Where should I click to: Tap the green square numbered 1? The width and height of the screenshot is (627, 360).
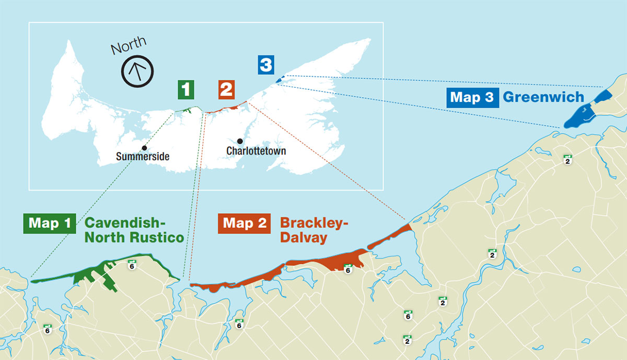click(186, 89)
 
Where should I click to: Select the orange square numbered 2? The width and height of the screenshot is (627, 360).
click(226, 89)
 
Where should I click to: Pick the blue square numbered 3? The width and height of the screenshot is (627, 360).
click(265, 65)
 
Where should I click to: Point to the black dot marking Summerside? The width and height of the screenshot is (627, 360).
click(144, 148)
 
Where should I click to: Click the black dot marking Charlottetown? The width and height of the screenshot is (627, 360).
click(239, 141)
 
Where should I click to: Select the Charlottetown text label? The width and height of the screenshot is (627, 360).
click(256, 151)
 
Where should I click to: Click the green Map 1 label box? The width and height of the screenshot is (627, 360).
click(50, 223)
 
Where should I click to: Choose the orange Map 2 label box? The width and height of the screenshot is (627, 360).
click(244, 223)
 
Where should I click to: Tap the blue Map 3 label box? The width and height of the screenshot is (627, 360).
click(471, 97)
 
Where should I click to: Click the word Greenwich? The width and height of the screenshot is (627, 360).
click(543, 97)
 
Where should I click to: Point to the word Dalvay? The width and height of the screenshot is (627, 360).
click(304, 238)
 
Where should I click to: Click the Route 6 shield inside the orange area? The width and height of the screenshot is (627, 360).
click(348, 269)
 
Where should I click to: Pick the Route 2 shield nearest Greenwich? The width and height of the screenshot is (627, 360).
click(567, 159)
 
